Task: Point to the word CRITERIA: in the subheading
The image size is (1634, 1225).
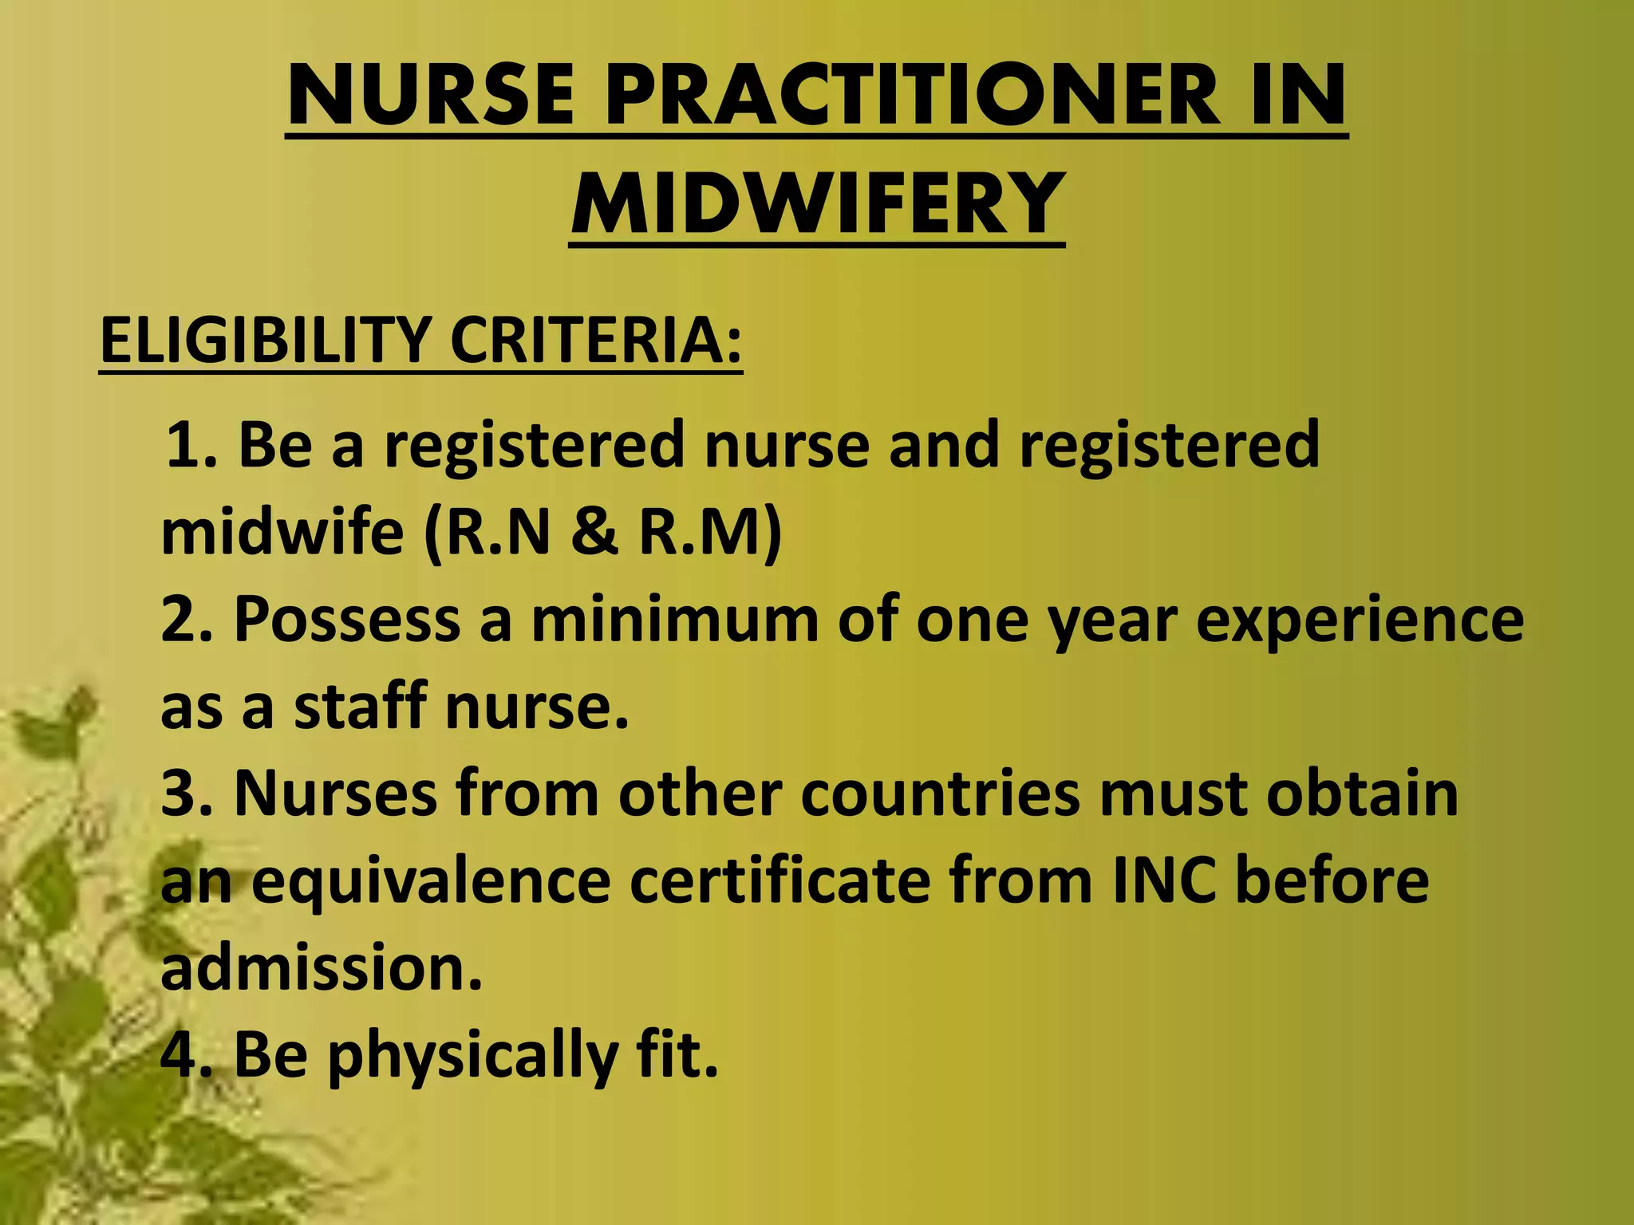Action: (596, 341)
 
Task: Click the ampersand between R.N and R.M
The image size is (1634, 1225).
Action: (594, 533)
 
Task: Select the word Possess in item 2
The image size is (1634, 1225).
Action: (346, 620)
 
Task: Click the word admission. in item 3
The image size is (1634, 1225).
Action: (322, 967)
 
